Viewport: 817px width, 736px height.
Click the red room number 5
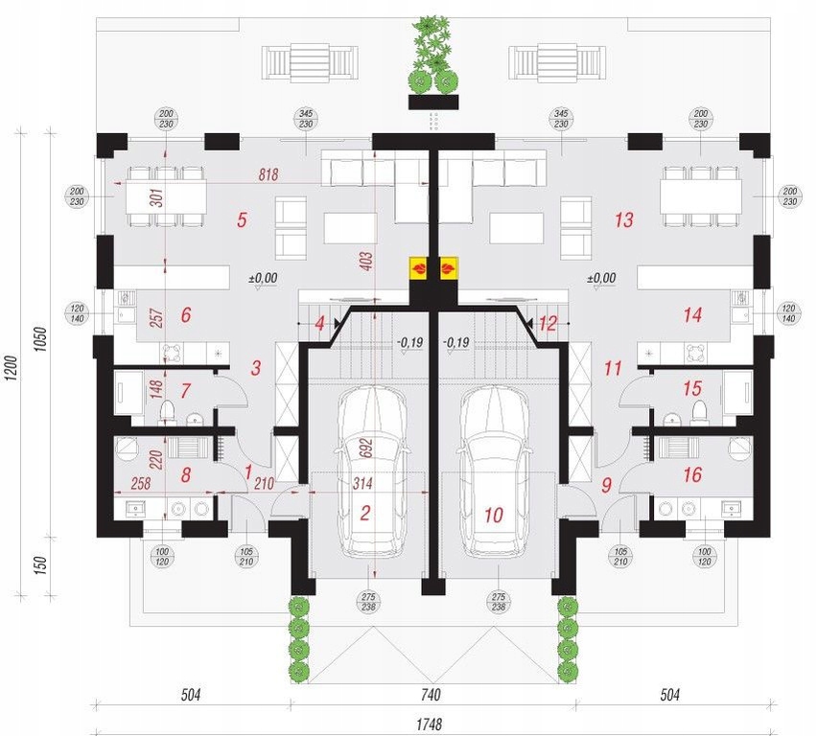[243, 220]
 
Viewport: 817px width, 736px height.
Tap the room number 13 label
[623, 220]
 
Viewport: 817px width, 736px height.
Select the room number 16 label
[692, 474]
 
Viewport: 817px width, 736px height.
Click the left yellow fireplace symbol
[419, 268]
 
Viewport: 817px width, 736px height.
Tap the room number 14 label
[692, 314]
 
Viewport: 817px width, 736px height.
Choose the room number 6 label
[185, 314]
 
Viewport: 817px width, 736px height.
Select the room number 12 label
[547, 324]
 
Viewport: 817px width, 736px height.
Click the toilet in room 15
[698, 412]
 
